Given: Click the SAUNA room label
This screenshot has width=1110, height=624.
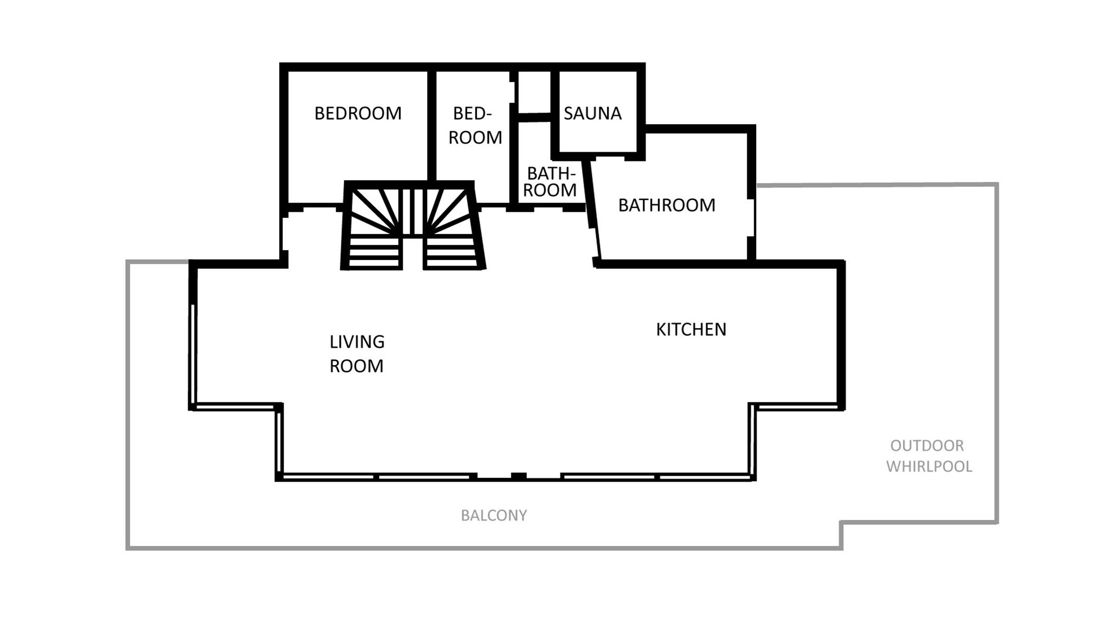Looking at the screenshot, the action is point(592,113).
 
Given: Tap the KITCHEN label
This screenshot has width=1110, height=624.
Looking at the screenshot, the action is point(691,329).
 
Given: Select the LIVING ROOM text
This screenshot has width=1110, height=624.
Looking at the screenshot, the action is point(357,354).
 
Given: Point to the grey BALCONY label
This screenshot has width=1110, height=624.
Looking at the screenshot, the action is point(494,515).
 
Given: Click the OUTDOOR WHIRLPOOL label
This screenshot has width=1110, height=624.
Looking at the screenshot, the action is point(929,456).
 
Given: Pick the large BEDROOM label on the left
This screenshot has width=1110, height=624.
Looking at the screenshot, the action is point(358,113).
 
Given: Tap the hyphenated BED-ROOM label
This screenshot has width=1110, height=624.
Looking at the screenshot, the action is point(475,125).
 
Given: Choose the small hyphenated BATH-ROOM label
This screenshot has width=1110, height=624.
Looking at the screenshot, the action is point(550,182).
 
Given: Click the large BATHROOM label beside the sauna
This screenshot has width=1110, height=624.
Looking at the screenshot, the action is point(667,205).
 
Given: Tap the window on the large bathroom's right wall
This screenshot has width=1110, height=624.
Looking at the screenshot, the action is point(752,218).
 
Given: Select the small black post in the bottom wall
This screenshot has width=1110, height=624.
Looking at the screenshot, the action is point(519,477).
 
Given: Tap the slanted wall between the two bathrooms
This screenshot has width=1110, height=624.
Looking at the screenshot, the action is point(593,211).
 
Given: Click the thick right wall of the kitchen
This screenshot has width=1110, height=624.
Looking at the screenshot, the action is point(841,336).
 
